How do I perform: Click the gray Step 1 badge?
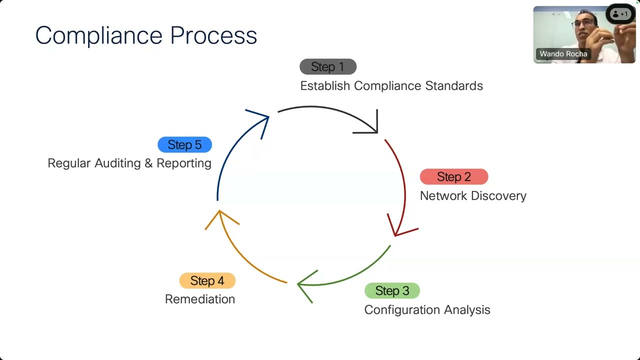pos(328,66)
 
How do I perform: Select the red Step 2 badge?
pos(453,177)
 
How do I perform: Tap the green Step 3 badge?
pos(392,290)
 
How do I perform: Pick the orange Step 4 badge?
pos(207,281)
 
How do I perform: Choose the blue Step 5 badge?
pos(184,145)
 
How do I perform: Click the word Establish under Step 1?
pos(325,86)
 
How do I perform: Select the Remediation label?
pos(200,299)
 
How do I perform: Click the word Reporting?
pos(184,163)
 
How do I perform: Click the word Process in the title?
pos(213,35)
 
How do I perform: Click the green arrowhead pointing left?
pos(304,284)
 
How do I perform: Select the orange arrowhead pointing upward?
pos(220,218)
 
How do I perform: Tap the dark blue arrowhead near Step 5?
pos(261,119)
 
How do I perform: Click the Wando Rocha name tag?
pos(563,54)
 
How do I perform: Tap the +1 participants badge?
pos(620,14)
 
